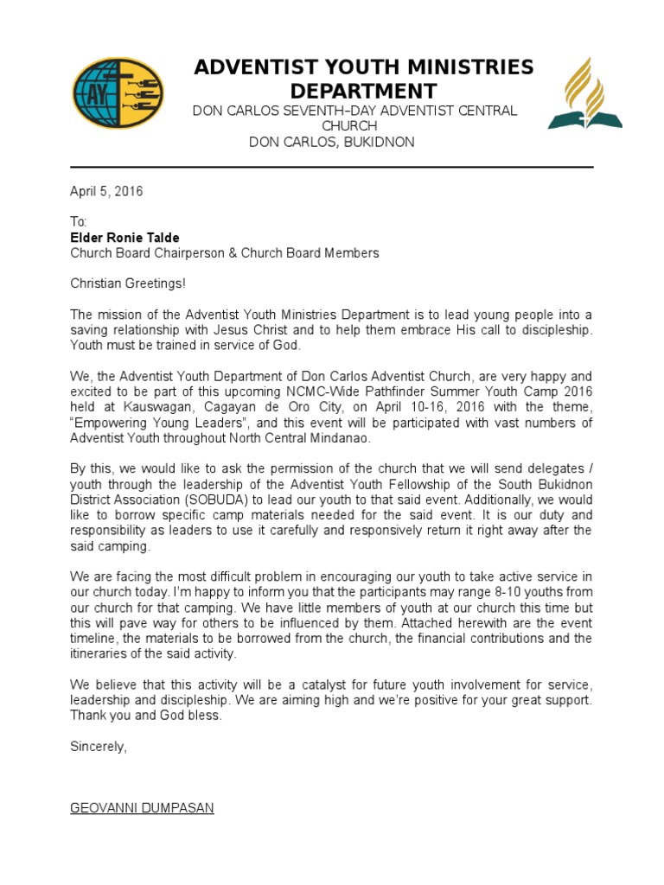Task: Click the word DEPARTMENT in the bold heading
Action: click(x=363, y=92)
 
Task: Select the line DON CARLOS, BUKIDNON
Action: click(x=331, y=142)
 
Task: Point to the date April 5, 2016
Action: click(x=106, y=192)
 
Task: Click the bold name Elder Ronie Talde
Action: click(x=125, y=238)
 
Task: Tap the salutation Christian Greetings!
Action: click(x=127, y=283)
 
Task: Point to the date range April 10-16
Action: click(x=425, y=407)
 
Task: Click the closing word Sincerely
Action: click(x=98, y=747)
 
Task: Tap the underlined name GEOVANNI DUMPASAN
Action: click(x=142, y=808)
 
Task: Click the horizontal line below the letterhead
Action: click(x=331, y=167)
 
